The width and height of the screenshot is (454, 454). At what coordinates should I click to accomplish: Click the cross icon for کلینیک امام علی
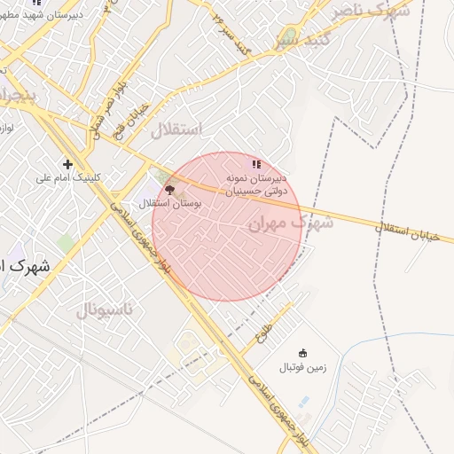click(67, 164)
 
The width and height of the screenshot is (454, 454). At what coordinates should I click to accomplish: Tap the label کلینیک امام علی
click(67, 177)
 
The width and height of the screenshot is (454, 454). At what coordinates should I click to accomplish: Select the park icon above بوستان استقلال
click(169, 190)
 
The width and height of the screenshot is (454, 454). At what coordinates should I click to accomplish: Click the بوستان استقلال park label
click(171, 204)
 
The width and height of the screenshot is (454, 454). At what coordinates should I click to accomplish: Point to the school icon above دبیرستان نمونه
click(256, 164)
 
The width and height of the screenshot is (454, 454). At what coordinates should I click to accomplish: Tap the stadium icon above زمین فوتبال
click(303, 353)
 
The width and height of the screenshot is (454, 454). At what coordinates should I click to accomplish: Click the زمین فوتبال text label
click(302, 366)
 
